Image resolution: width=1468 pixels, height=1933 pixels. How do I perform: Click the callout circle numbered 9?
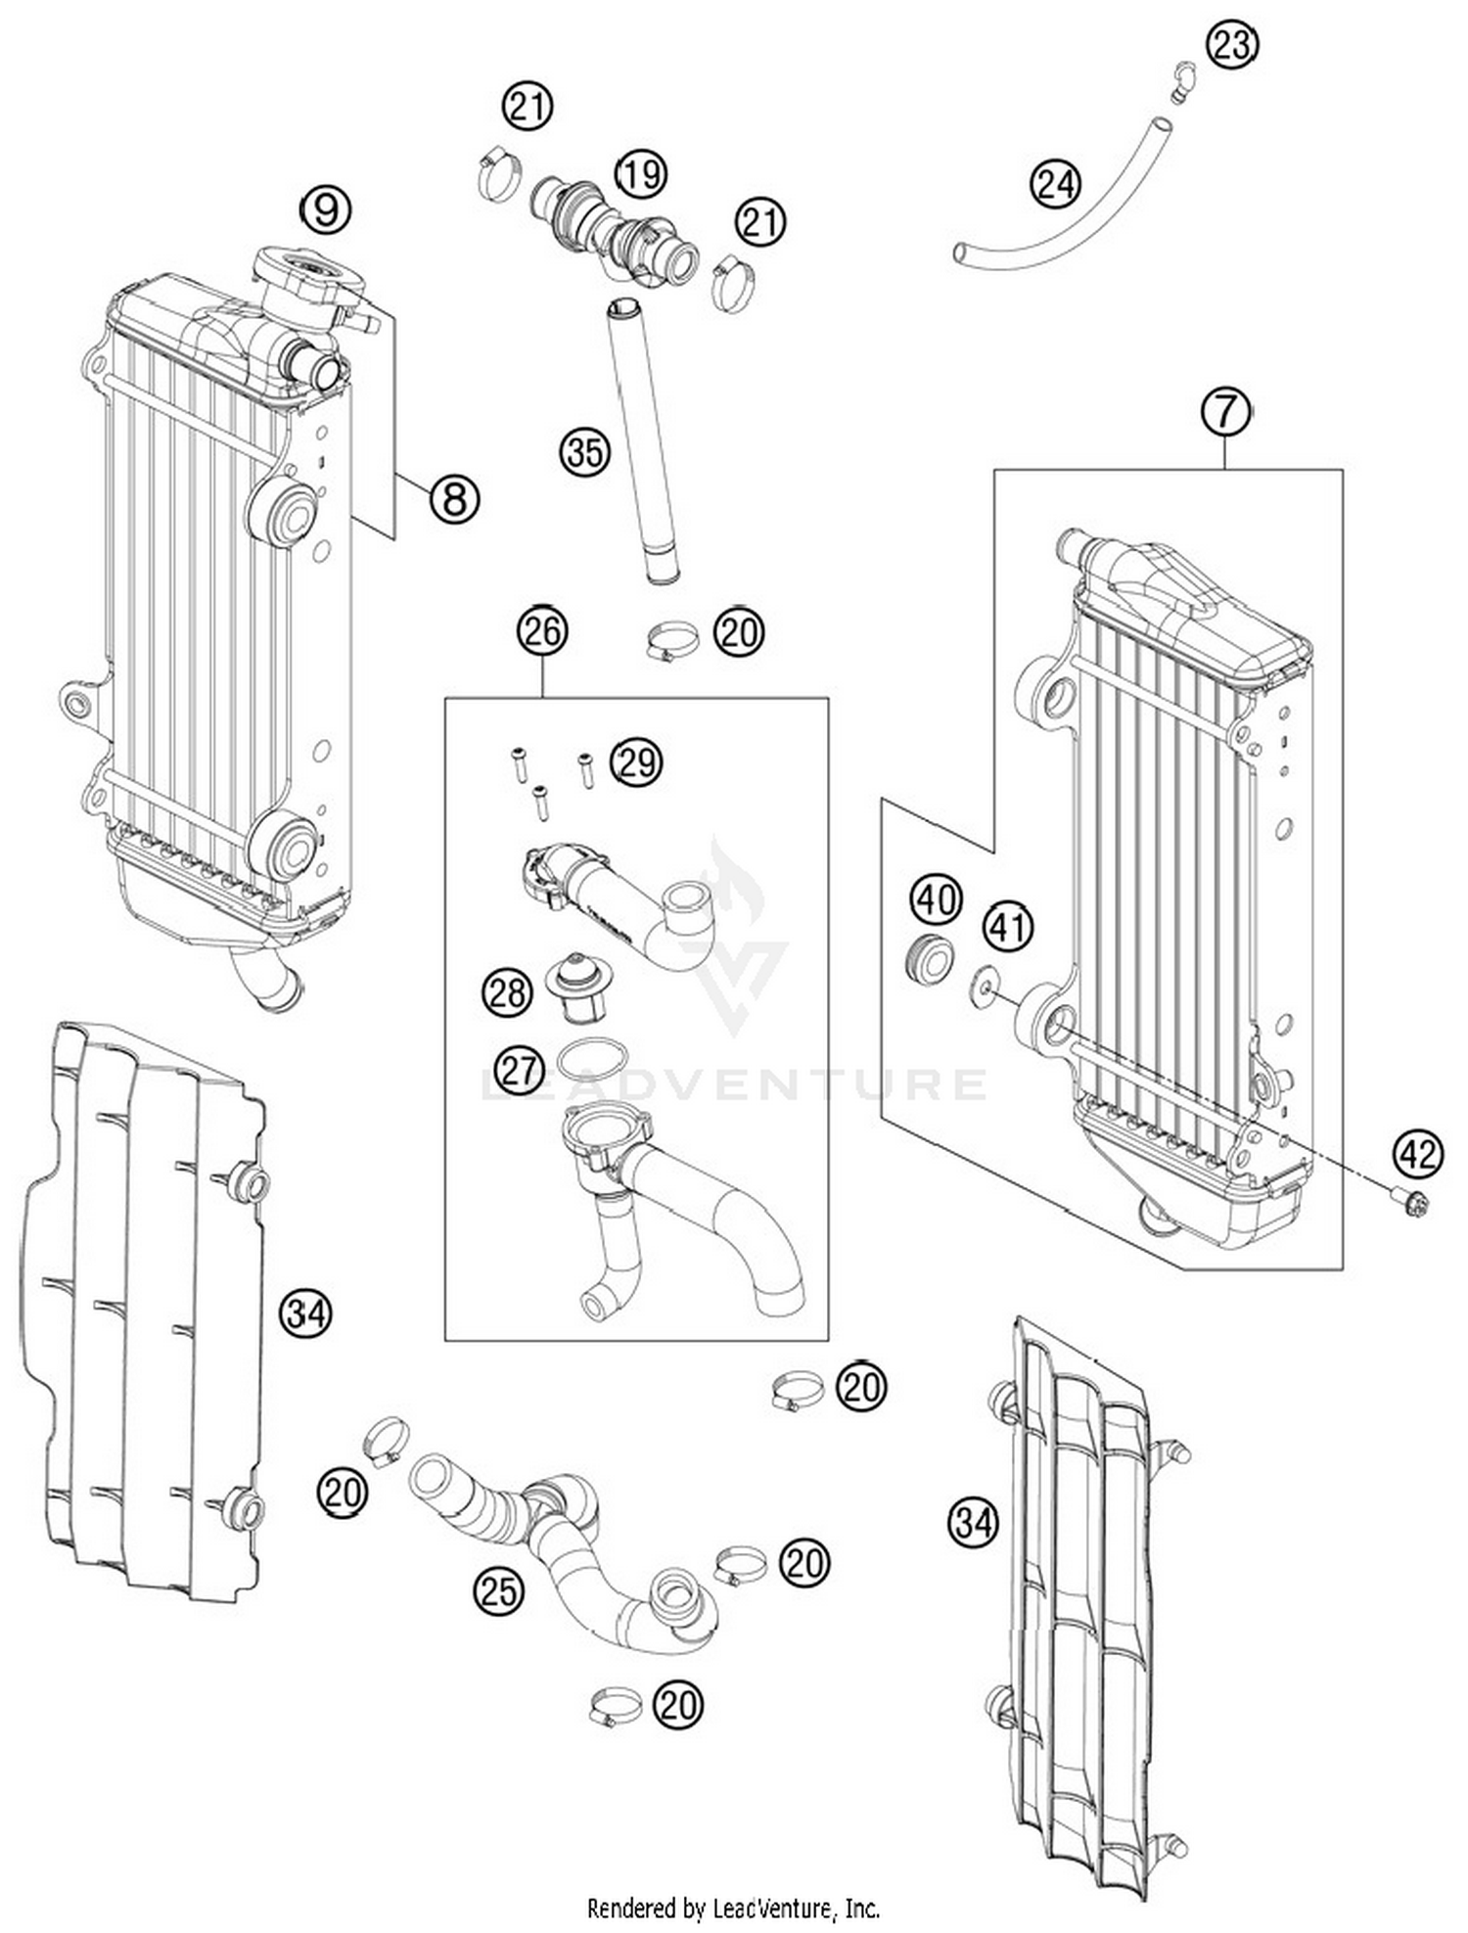click(326, 208)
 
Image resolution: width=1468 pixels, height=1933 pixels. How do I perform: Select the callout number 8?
click(454, 498)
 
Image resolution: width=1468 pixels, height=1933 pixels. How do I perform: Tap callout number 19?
click(640, 174)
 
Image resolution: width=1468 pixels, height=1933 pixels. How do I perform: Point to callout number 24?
click(1056, 184)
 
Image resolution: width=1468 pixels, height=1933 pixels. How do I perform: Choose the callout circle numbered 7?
click(1226, 411)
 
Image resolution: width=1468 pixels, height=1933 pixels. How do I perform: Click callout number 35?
click(584, 452)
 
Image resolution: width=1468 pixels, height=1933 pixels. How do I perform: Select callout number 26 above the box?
click(542, 631)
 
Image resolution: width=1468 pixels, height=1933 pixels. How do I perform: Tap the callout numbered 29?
click(636, 761)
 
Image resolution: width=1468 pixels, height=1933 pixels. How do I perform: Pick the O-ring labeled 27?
click(592, 1058)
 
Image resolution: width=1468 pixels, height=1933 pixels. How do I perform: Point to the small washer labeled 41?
click(983, 987)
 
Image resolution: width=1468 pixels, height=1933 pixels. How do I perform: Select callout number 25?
click(498, 1591)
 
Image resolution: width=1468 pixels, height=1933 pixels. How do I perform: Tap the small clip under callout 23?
click(1181, 82)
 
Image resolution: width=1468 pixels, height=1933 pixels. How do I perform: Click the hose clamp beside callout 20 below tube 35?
click(671, 642)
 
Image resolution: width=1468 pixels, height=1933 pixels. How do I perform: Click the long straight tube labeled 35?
click(641, 440)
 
